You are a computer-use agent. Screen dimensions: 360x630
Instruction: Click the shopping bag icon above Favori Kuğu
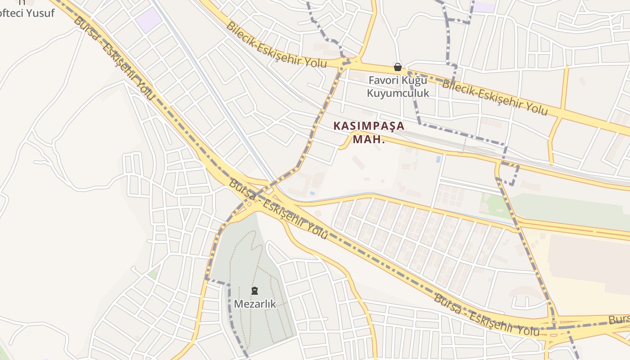tap(397, 67)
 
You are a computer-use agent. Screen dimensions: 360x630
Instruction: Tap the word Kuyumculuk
tap(398, 93)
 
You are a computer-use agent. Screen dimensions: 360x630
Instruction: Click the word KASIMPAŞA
tap(369, 126)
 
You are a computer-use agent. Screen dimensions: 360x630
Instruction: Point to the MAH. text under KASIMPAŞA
tap(369, 139)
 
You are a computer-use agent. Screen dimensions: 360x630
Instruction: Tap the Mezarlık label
tap(255, 304)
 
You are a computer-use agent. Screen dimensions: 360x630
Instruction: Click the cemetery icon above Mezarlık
tap(255, 291)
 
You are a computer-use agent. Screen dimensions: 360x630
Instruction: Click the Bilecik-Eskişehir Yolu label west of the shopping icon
tap(276, 44)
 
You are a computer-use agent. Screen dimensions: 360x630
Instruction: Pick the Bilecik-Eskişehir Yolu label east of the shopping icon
tap(495, 97)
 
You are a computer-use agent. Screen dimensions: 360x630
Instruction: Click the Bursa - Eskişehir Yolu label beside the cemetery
tap(278, 209)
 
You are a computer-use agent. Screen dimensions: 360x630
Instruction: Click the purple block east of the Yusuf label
tap(148, 20)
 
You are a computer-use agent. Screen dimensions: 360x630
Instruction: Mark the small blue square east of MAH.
tap(438, 159)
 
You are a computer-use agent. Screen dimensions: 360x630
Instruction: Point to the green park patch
tap(495, 205)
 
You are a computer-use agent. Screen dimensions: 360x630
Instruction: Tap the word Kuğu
tap(416, 81)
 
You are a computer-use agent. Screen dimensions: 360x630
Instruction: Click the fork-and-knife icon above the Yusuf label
tap(22, 2)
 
